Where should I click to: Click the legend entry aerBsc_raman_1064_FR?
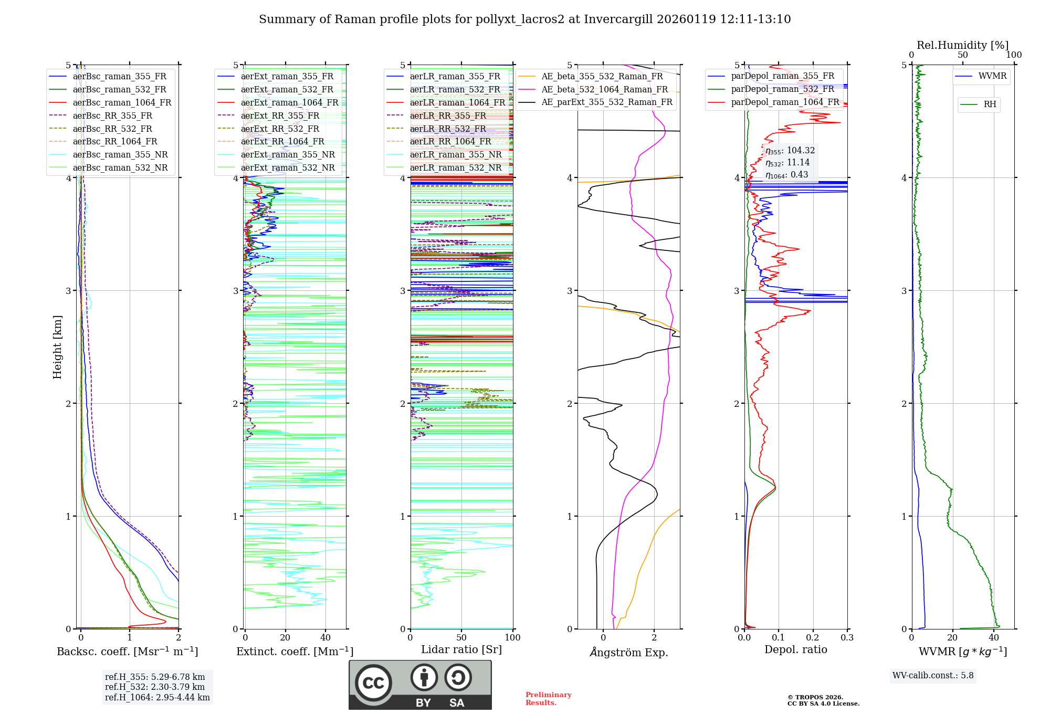pos(122,102)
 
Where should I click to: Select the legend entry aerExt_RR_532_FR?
pos(280,129)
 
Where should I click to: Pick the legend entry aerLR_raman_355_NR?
pos(456,154)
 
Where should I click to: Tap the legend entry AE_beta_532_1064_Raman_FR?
pos(604,89)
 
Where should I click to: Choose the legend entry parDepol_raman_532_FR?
pos(782,89)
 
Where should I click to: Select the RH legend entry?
pos(990,104)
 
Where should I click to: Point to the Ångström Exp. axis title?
pos(628,652)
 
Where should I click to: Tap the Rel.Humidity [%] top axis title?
pos(962,45)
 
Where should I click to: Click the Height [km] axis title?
pos(57,346)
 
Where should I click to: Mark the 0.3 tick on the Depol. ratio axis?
pos(847,638)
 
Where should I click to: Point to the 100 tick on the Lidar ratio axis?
pos(512,638)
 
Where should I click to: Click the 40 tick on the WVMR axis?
pos(994,638)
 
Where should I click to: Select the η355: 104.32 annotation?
pos(790,151)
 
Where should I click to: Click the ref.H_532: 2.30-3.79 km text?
pos(154,687)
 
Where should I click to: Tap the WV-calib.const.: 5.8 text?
pos(933,675)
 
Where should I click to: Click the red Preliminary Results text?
pos(548,698)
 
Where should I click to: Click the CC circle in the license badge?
pos(373,682)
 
